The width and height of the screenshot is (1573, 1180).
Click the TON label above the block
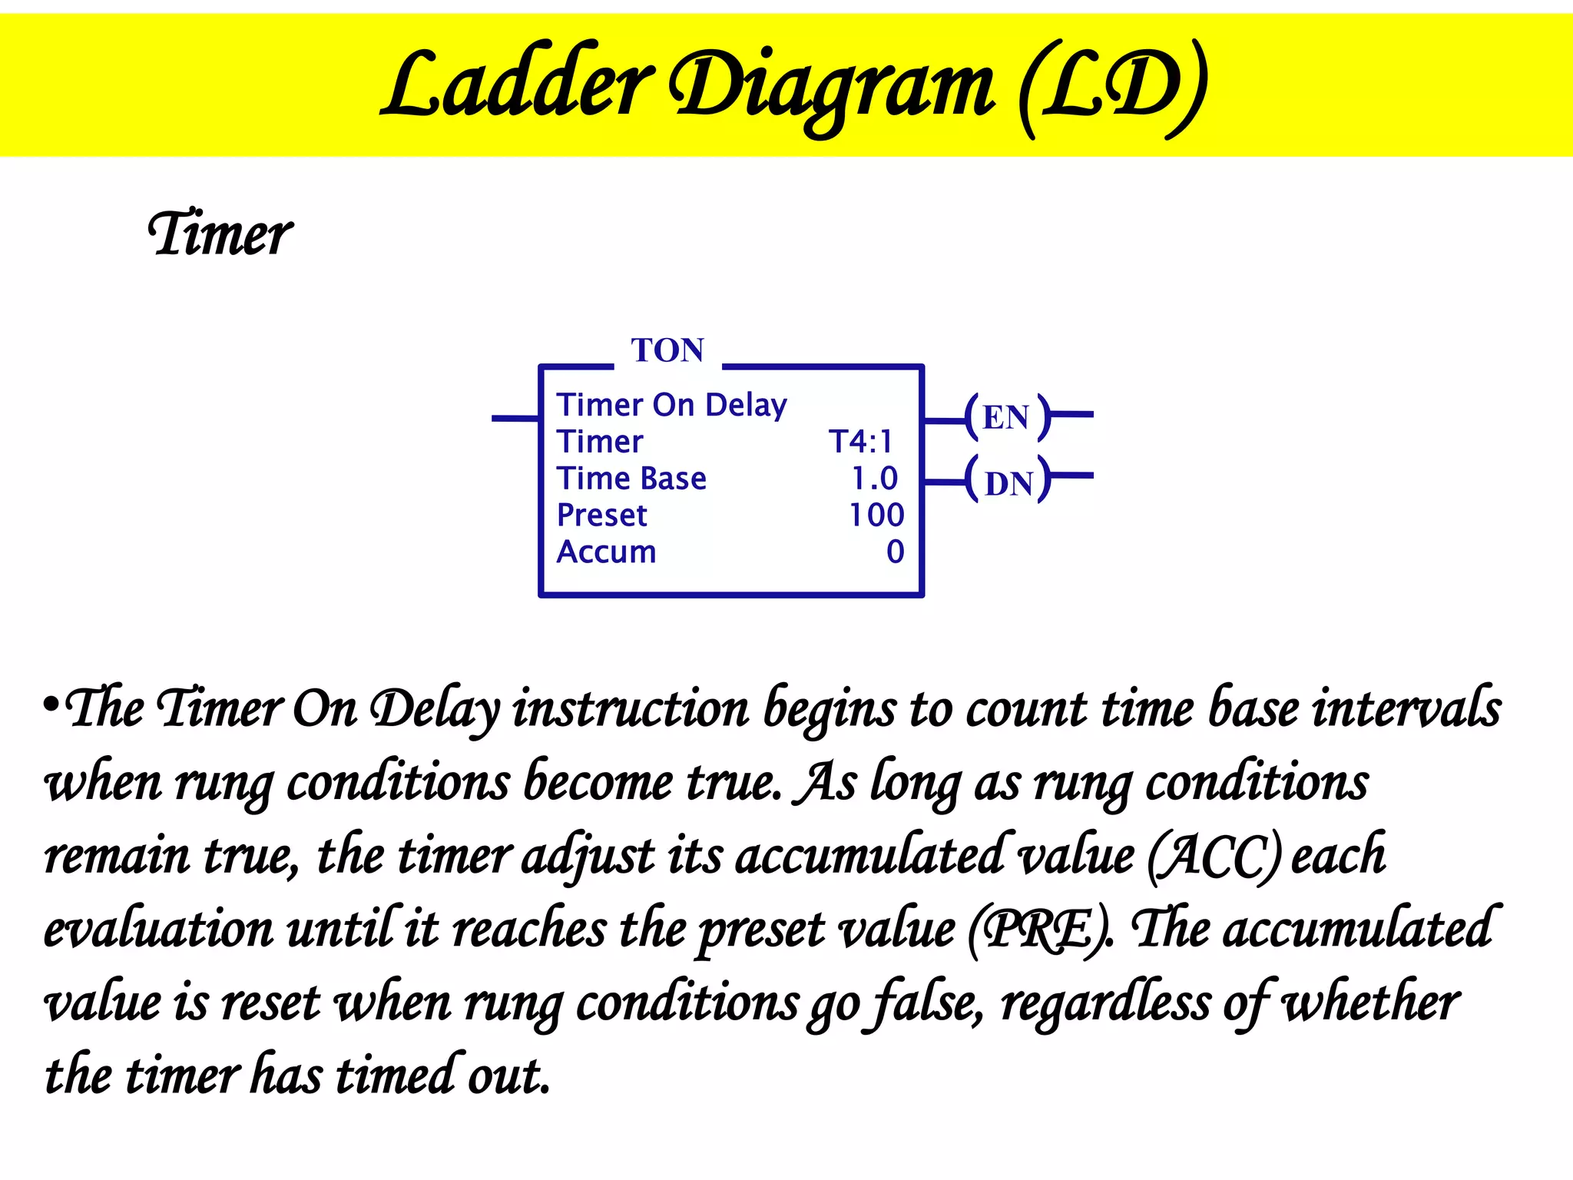(667, 350)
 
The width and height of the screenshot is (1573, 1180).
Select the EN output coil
(1006, 417)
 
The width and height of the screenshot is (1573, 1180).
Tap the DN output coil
(1008, 483)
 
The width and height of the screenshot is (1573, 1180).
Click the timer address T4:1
(861, 442)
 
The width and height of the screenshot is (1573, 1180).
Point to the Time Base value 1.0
(874, 479)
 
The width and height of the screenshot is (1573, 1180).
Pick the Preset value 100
(876, 515)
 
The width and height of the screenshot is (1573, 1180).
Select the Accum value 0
(895, 552)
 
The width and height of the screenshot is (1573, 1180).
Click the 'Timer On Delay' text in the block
(672, 405)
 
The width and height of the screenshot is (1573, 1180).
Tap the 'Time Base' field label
(631, 479)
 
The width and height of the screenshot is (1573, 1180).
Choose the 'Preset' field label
(602, 515)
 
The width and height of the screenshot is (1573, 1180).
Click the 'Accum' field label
(607, 552)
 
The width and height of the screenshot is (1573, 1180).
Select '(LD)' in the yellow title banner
(1112, 86)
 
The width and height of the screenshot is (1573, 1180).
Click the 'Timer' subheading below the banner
(220, 234)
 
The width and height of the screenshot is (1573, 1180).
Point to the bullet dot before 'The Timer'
(51, 704)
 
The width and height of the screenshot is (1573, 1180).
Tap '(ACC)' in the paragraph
(1214, 856)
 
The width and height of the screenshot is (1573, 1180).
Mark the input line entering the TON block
(515, 418)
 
